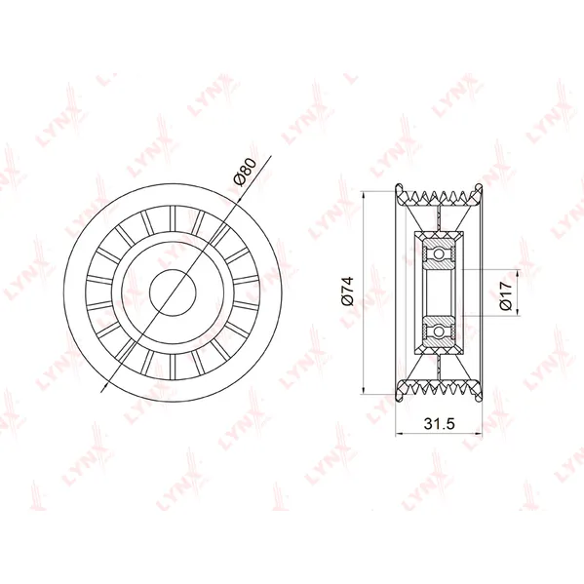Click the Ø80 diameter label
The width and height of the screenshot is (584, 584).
(246, 172)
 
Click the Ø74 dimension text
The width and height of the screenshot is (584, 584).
(347, 292)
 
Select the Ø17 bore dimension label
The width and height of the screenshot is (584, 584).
(506, 295)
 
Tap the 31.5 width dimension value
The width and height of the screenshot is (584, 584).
(440, 423)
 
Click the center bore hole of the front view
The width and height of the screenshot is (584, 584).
(173, 292)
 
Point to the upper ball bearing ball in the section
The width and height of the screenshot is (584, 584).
(440, 254)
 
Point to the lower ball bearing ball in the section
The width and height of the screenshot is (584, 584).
(440, 331)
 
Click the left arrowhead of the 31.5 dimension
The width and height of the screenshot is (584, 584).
(399, 434)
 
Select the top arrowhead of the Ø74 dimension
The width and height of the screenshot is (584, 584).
(364, 195)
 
